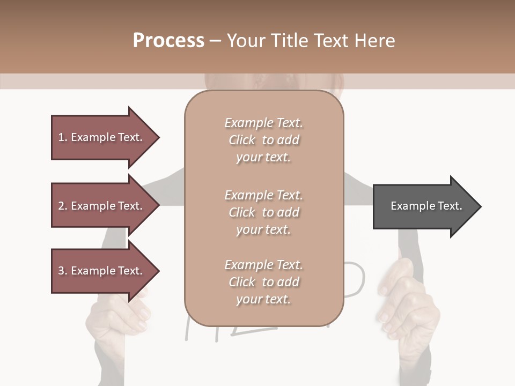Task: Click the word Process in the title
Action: [168, 41]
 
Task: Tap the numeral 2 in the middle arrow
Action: [61, 206]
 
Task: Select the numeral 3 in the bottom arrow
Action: [61, 271]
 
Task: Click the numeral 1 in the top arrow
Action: [61, 137]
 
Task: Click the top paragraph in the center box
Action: [263, 140]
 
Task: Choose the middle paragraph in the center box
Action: [263, 212]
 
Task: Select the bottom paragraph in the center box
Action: [263, 282]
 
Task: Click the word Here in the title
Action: [376, 41]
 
